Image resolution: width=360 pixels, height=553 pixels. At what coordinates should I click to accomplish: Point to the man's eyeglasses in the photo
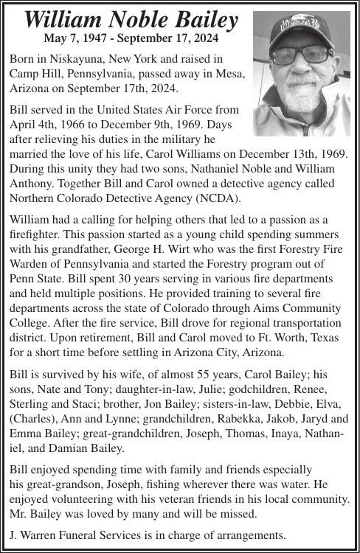[300, 55]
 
